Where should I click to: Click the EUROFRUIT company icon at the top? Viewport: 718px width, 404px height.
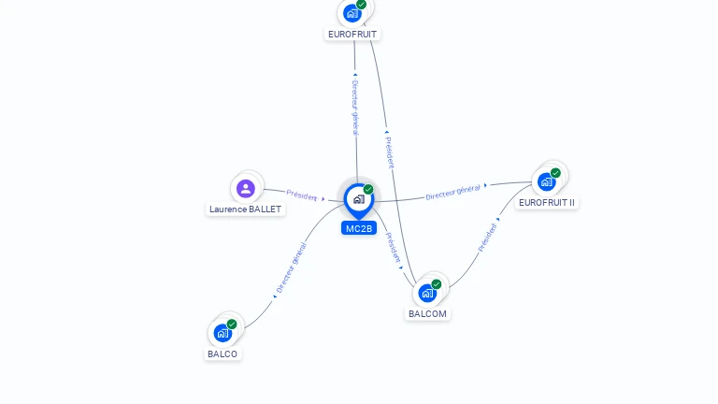pyautogui.click(x=352, y=13)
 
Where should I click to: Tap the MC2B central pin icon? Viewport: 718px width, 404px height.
pyautogui.click(x=358, y=199)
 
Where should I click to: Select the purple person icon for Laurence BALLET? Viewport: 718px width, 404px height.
pyautogui.click(x=246, y=189)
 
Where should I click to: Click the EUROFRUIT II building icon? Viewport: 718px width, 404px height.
pyautogui.click(x=547, y=181)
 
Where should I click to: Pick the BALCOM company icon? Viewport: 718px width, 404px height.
pyautogui.click(x=427, y=293)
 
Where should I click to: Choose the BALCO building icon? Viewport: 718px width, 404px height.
pyautogui.click(x=223, y=333)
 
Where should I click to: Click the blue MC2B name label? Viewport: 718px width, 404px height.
pyautogui.click(x=359, y=228)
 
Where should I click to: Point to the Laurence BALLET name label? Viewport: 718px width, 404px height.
pyautogui.click(x=245, y=209)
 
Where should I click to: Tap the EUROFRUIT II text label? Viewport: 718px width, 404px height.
pyautogui.click(x=547, y=202)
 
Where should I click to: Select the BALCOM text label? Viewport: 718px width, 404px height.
pyautogui.click(x=427, y=314)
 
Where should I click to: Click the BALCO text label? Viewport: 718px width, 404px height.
pyautogui.click(x=223, y=354)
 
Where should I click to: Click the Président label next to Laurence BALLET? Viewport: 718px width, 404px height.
pyautogui.click(x=302, y=195)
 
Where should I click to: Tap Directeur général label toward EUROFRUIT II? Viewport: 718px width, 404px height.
pyautogui.click(x=452, y=193)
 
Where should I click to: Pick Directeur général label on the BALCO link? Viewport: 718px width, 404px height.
pyautogui.click(x=291, y=268)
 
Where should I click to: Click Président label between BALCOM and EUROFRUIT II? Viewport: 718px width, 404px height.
pyautogui.click(x=487, y=238)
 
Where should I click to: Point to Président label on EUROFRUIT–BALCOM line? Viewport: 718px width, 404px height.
pyautogui.click(x=389, y=152)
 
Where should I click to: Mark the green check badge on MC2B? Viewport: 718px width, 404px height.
pyautogui.click(x=368, y=190)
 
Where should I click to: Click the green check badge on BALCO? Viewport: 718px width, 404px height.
pyautogui.click(x=232, y=325)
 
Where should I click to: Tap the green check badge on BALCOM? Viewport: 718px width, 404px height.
pyautogui.click(x=437, y=284)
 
